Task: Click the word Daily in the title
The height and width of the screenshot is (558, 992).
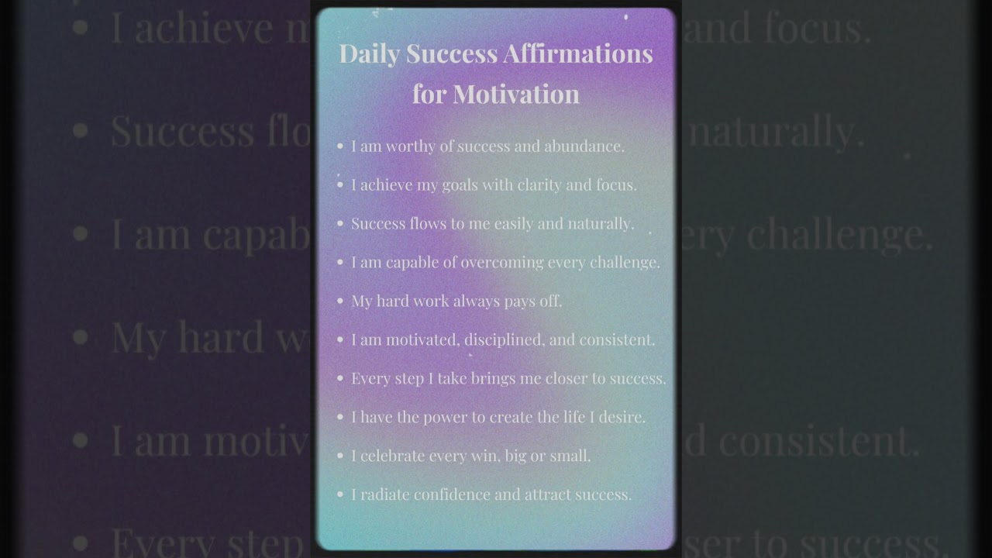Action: coord(369,54)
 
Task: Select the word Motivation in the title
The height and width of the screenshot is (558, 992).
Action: coord(516,94)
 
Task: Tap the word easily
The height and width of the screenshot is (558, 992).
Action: coord(511,223)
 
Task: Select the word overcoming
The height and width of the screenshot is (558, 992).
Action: coord(502,262)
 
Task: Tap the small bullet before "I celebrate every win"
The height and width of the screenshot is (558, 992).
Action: coord(340,456)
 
